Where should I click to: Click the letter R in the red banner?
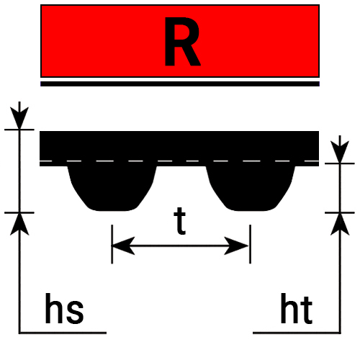(x=182, y=41)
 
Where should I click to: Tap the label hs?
(x=64, y=308)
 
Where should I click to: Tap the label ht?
(x=297, y=308)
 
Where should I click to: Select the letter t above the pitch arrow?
(x=180, y=221)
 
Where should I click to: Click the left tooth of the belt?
(x=112, y=189)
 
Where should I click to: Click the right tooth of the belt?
(x=251, y=189)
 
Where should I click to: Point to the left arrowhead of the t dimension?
(x=123, y=246)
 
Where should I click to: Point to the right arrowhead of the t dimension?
(x=236, y=246)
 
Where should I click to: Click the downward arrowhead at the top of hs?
(x=19, y=118)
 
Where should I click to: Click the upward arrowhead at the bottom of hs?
(x=19, y=225)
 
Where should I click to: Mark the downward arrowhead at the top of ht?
(x=340, y=152)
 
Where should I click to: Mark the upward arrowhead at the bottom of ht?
(x=340, y=225)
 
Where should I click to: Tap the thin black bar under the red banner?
(x=180, y=84)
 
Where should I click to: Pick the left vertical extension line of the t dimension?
(x=112, y=244)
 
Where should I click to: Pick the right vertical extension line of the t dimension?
(x=251, y=244)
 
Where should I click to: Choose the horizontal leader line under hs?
(x=63, y=333)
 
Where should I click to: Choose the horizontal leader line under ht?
(x=297, y=333)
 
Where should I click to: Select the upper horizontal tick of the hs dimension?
(x=19, y=130)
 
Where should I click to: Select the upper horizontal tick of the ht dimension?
(x=340, y=163)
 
